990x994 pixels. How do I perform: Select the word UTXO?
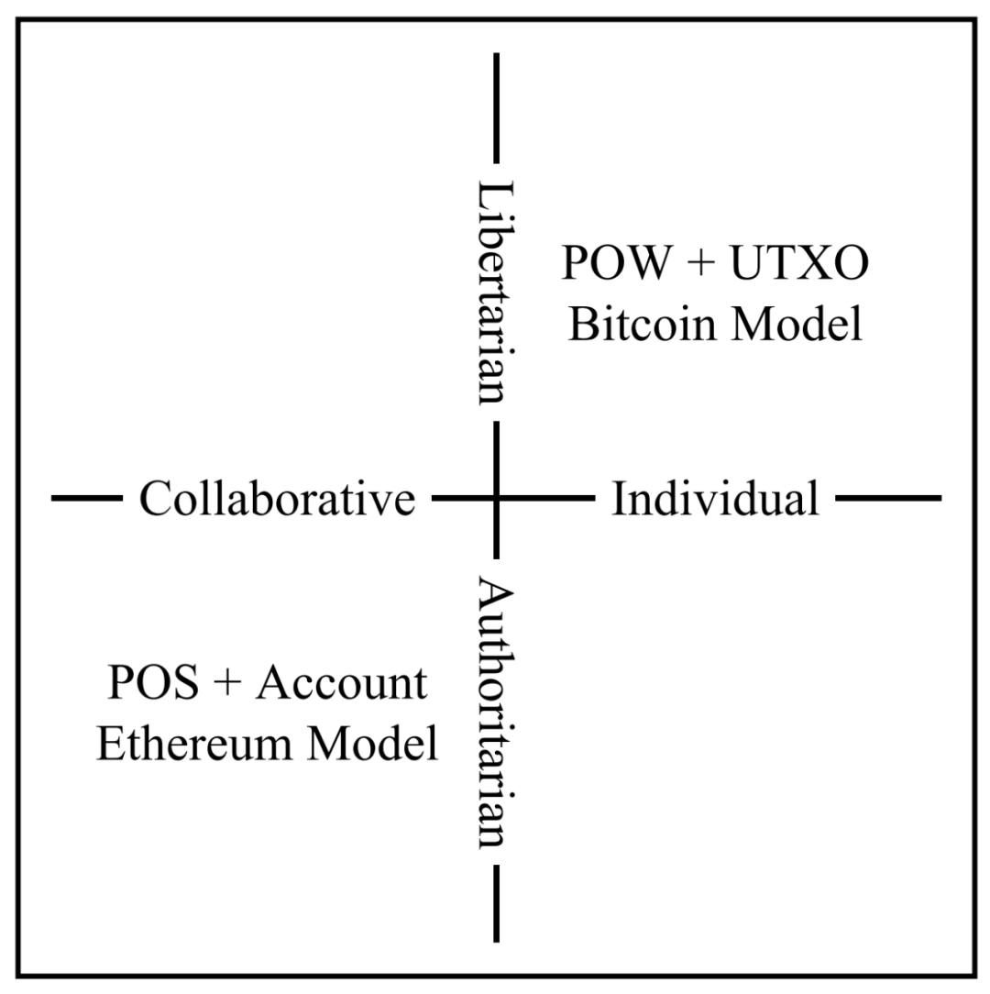click(800, 262)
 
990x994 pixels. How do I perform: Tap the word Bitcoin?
click(642, 324)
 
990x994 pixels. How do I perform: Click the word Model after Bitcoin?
click(797, 324)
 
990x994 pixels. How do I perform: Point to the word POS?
click(153, 682)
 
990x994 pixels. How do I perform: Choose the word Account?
click(342, 682)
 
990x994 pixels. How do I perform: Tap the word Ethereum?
click(194, 743)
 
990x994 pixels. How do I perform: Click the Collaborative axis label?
click(277, 498)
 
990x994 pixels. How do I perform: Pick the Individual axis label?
click(716, 498)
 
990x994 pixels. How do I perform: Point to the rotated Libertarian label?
click(496, 292)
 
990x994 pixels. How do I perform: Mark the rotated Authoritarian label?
click(496, 712)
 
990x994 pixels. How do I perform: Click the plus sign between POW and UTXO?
click(700, 262)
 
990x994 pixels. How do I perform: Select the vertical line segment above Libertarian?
click(496, 108)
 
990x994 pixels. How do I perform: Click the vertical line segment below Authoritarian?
click(496, 902)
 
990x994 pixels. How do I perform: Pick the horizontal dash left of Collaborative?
click(87, 498)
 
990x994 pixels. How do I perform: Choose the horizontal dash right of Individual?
click(888, 498)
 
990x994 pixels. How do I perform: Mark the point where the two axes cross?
click(496, 498)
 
